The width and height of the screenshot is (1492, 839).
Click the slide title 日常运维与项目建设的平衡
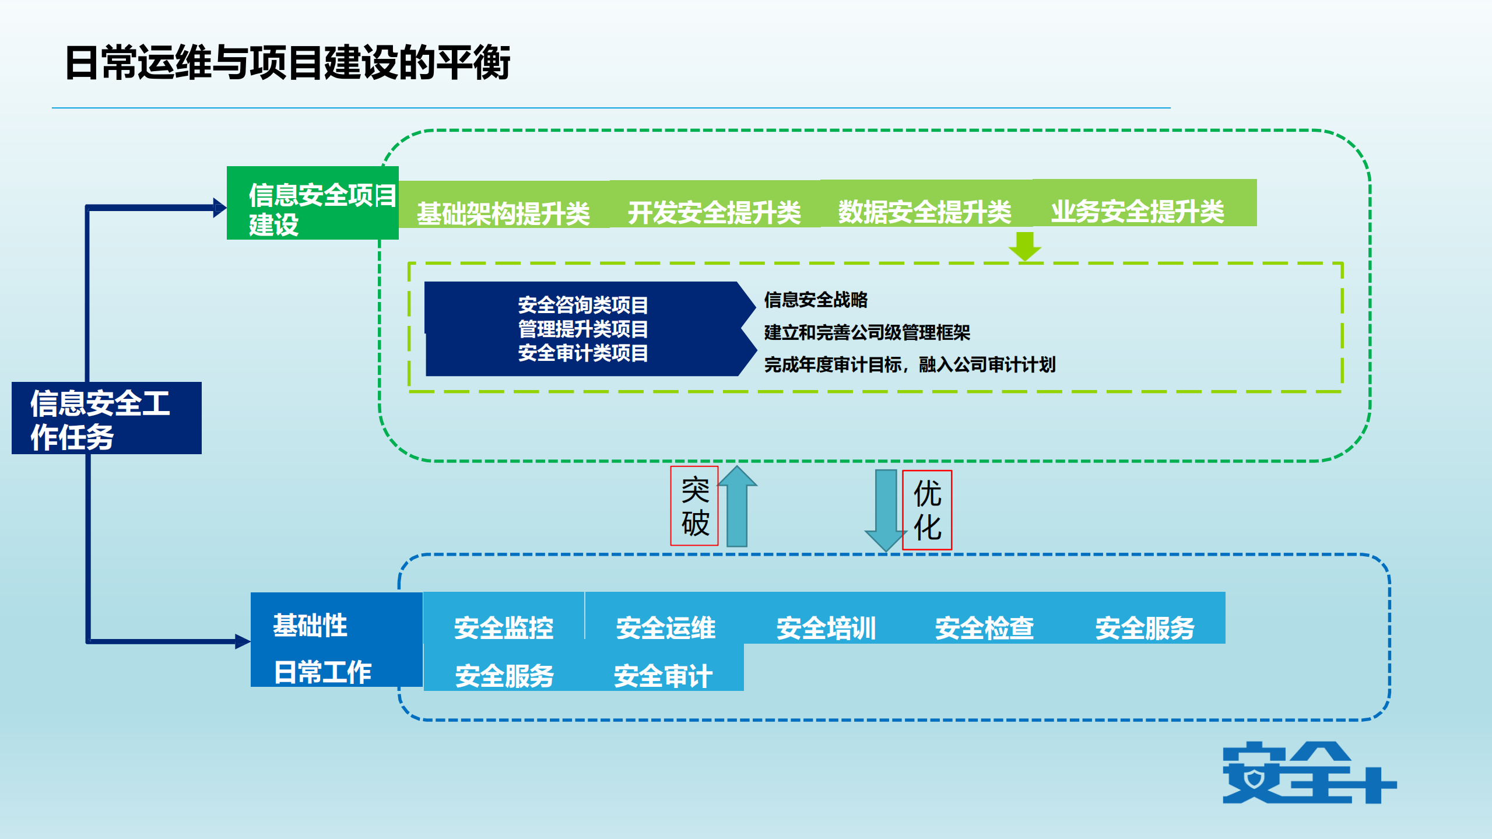click(x=287, y=62)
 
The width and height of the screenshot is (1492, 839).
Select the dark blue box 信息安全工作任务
click(x=107, y=418)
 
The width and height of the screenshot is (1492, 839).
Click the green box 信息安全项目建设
click(x=313, y=203)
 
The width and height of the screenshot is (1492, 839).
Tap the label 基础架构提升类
click(x=503, y=213)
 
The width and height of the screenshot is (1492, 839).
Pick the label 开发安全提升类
click(x=714, y=212)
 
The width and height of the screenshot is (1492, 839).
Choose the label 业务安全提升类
click(x=1137, y=210)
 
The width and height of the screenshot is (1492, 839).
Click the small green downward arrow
click(x=1024, y=245)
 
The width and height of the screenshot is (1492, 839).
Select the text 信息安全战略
click(x=816, y=300)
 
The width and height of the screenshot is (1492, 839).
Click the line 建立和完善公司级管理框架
click(x=867, y=332)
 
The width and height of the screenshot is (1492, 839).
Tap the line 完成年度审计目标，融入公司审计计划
click(x=910, y=365)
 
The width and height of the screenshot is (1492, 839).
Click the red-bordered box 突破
click(x=694, y=506)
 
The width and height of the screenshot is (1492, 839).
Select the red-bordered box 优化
click(x=927, y=510)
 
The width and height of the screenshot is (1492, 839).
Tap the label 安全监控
click(x=503, y=628)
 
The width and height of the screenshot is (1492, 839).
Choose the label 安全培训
click(x=826, y=628)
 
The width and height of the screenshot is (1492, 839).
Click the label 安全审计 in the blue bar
click(x=663, y=676)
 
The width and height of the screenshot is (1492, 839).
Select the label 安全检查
click(x=984, y=628)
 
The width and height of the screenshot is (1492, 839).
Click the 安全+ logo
click(x=1308, y=773)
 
